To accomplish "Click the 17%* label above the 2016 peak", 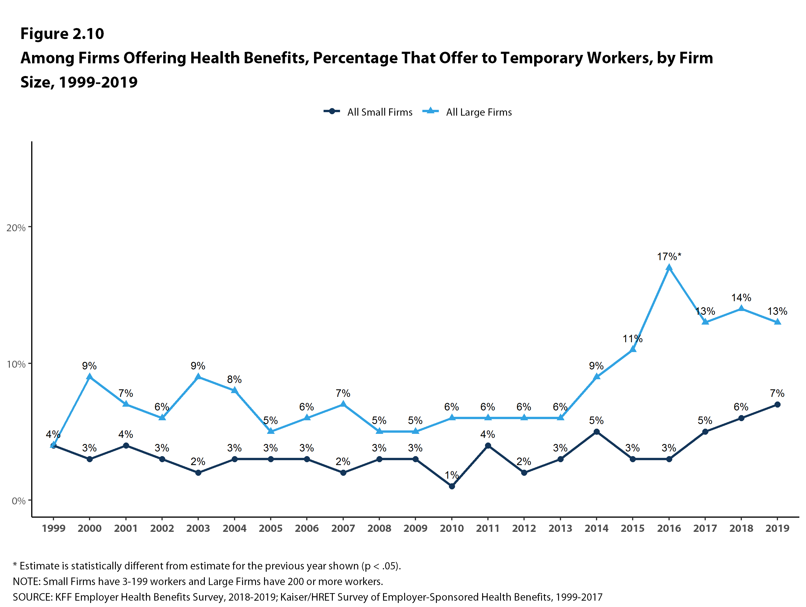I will coord(668,257).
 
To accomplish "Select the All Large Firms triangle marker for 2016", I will coord(669,268).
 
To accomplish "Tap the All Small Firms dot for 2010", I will coord(452,486).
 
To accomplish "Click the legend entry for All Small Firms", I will coord(368,112).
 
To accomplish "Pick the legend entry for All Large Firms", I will coord(467,112).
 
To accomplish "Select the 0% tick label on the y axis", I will coord(18,501).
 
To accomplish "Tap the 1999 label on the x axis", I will coord(53,528).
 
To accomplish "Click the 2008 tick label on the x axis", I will coord(379,528).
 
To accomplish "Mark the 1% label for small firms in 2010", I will coord(452,475).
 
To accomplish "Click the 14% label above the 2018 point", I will coord(741,297).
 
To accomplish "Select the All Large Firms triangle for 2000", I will coord(90,377).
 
